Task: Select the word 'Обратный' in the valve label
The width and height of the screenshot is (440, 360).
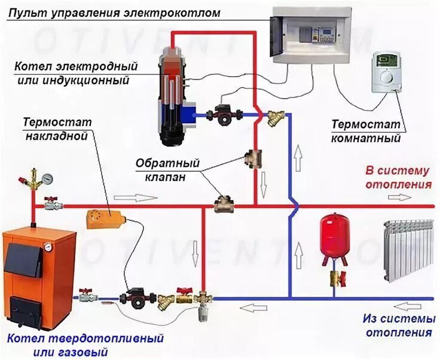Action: (x=158, y=163)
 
